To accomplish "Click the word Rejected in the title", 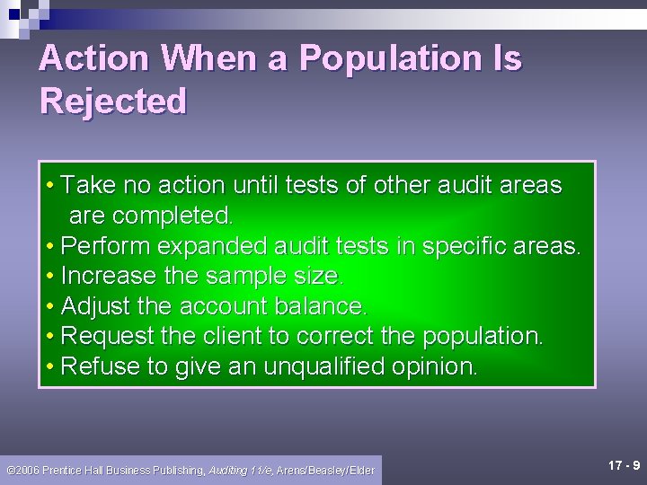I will click(x=112, y=101).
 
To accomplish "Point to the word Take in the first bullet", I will click(x=89, y=186).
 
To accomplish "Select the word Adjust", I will click(x=94, y=306).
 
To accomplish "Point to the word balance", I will click(x=319, y=306).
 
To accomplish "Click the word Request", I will click(x=108, y=336).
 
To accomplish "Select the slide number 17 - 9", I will click(x=623, y=465).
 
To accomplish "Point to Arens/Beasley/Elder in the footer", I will click(x=325, y=470).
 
